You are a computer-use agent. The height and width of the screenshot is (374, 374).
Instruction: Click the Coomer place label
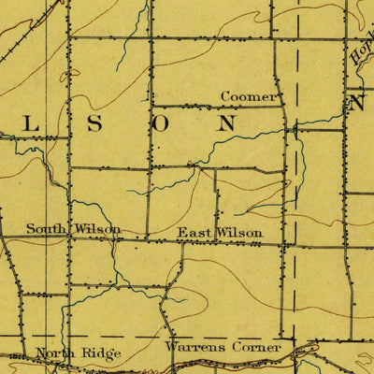click(249, 96)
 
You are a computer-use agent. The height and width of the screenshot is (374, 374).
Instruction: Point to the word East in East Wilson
click(194, 232)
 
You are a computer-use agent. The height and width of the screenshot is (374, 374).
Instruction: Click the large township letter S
click(93, 123)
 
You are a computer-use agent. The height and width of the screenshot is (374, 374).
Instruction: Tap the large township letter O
click(161, 122)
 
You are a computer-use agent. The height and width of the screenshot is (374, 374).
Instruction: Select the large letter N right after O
click(226, 122)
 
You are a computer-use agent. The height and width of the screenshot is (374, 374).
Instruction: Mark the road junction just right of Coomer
click(284, 106)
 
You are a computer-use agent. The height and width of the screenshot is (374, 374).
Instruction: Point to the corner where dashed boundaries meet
click(294, 337)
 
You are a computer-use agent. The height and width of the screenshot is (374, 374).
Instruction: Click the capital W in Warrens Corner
click(171, 347)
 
